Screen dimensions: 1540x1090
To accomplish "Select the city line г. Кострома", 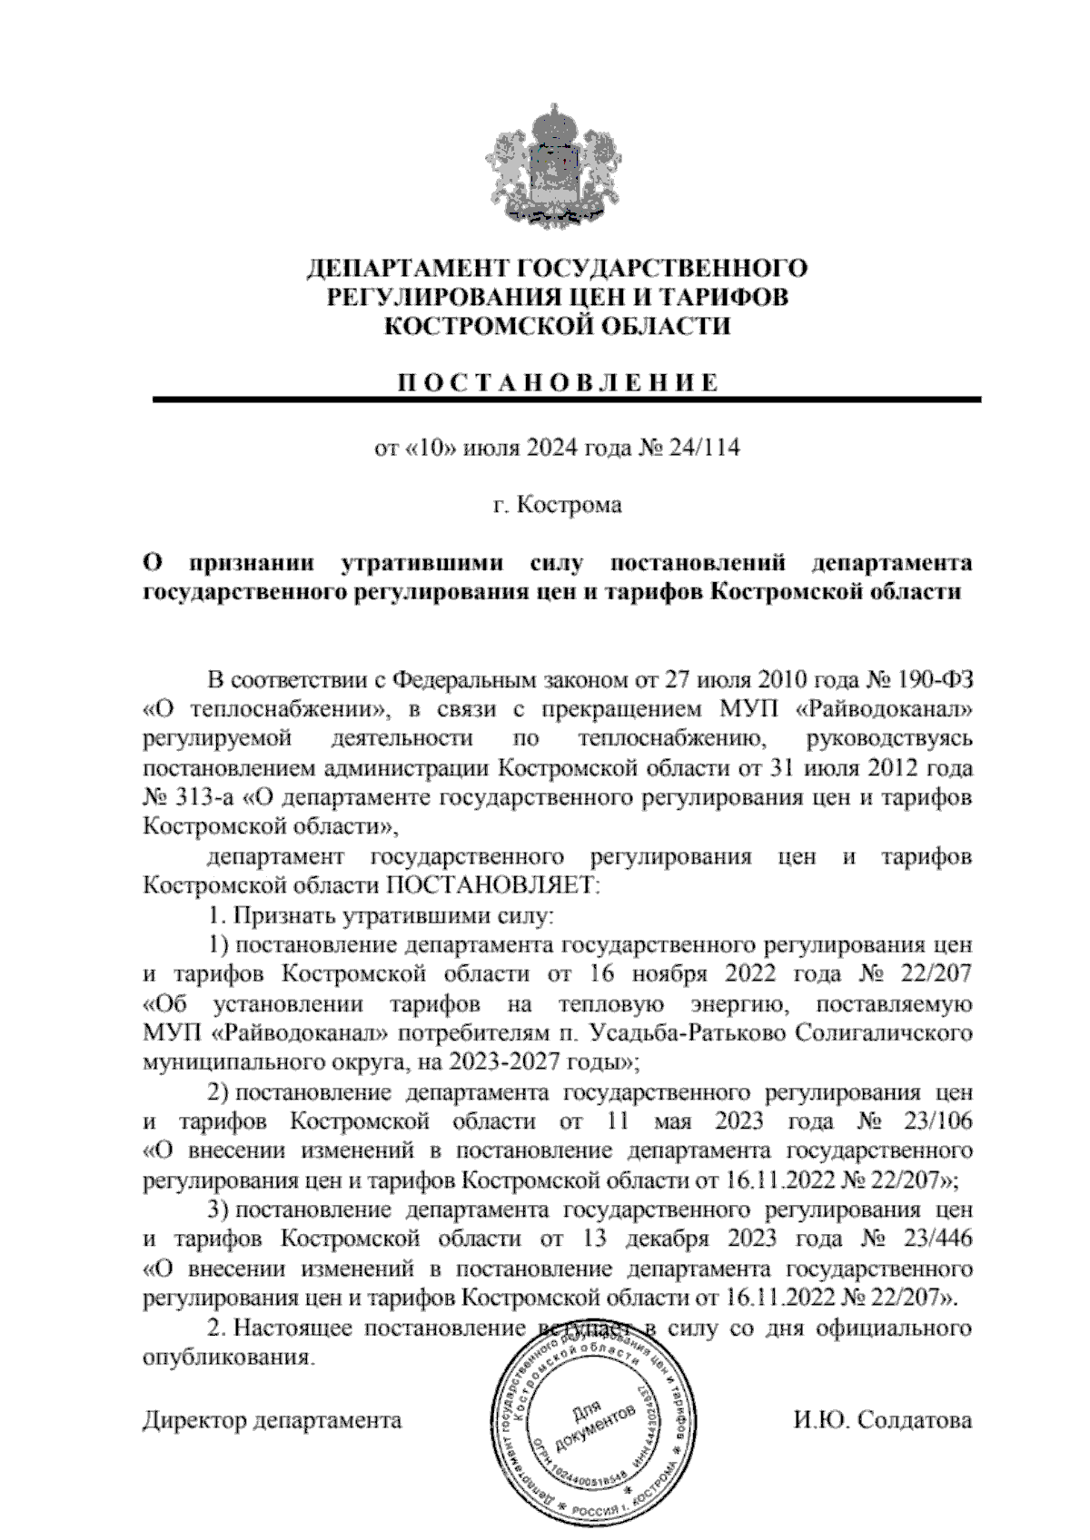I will pos(556,506).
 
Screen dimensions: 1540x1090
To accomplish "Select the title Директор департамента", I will pos(272,1419).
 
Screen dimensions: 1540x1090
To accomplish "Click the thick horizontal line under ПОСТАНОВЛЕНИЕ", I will pos(566,400).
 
